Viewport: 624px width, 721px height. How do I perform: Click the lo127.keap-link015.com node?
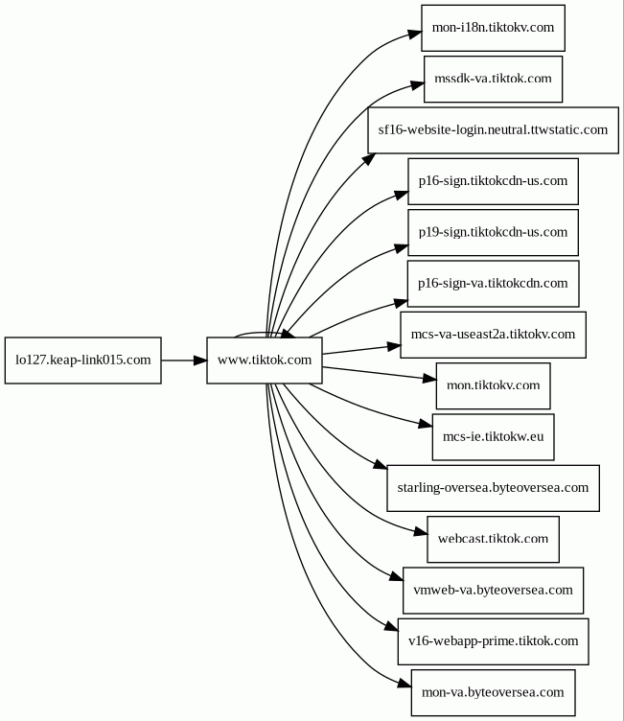(83, 360)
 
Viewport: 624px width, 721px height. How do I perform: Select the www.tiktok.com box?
(265, 360)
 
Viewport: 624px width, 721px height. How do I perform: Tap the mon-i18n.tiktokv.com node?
(493, 28)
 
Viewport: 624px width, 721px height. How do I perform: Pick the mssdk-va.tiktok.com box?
(493, 79)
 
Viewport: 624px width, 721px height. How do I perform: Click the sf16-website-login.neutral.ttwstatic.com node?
(493, 130)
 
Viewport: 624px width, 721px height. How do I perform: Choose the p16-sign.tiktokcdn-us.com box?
(493, 181)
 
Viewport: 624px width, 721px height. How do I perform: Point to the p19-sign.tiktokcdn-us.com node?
(493, 233)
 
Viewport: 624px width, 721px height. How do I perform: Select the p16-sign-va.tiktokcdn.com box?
(493, 284)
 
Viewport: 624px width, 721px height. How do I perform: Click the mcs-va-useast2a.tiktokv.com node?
(493, 335)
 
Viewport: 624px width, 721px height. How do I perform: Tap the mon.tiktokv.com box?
(493, 385)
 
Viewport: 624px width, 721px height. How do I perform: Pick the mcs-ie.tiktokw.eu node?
(493, 437)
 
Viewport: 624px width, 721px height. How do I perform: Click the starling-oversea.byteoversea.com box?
(493, 488)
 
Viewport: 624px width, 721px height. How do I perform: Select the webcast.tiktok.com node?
(493, 539)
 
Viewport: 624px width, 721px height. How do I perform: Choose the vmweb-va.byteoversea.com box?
(493, 591)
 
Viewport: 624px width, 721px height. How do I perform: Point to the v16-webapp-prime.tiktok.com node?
(493, 641)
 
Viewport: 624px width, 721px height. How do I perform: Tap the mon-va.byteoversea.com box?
(493, 692)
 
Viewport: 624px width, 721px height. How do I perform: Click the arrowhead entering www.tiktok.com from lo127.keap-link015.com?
(200, 360)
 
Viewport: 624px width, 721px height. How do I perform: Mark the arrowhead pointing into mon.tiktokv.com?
(430, 379)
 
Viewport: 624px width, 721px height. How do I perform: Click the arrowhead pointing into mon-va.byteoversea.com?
(404, 685)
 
